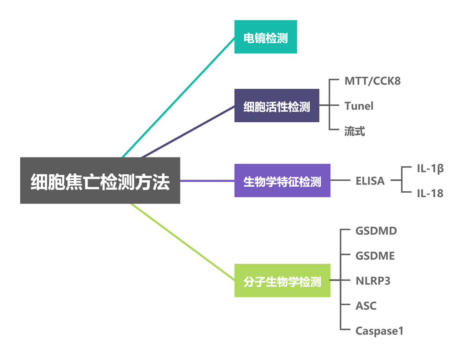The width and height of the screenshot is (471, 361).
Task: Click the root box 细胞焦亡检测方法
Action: [x=100, y=181]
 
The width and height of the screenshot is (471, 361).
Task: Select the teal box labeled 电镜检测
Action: [x=265, y=37]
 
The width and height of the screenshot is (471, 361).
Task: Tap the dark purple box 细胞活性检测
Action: [x=277, y=106]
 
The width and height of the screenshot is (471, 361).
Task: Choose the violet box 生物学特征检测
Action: [x=282, y=181]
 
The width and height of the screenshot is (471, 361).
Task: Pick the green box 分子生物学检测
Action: [x=282, y=280]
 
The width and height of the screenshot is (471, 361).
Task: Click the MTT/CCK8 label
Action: [x=372, y=81]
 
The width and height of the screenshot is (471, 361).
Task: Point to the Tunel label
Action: [x=359, y=106]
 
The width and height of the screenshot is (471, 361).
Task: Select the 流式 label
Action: [x=355, y=131]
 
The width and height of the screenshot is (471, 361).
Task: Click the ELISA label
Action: [x=370, y=181]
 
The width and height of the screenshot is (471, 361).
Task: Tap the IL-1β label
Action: [x=430, y=168]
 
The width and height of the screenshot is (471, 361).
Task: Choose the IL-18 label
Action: [x=430, y=193]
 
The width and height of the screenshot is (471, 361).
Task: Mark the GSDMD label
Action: [x=376, y=231]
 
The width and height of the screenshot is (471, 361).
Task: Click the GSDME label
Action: [x=375, y=256]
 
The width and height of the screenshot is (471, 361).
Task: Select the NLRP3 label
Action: [x=373, y=280]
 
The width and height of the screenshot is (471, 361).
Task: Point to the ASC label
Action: [x=366, y=306]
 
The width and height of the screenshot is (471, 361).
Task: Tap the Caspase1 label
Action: [x=379, y=330]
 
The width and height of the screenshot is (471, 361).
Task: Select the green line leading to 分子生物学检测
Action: [x=183, y=242]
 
